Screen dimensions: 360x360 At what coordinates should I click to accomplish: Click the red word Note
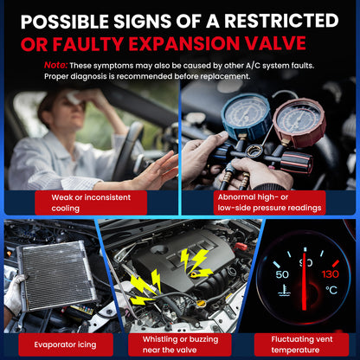(x=55, y=65)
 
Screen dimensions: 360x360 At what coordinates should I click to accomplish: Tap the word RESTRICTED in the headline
(x=281, y=21)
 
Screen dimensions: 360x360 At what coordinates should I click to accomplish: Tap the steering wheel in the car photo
(x=127, y=150)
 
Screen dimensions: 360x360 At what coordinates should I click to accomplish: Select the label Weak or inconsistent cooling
(x=91, y=202)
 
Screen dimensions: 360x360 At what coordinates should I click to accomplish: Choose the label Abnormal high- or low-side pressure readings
(x=269, y=202)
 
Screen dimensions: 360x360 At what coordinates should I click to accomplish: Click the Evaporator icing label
(x=66, y=344)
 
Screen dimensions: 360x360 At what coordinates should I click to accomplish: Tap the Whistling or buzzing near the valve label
(x=180, y=344)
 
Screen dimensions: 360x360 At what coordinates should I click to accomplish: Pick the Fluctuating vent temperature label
(x=301, y=344)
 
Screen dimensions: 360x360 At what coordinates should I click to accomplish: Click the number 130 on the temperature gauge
(x=331, y=273)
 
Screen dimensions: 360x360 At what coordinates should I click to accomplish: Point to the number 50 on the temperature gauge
(x=282, y=274)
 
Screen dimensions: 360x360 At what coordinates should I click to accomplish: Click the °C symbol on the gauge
(x=331, y=290)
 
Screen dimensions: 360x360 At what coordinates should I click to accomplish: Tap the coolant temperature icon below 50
(x=284, y=291)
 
